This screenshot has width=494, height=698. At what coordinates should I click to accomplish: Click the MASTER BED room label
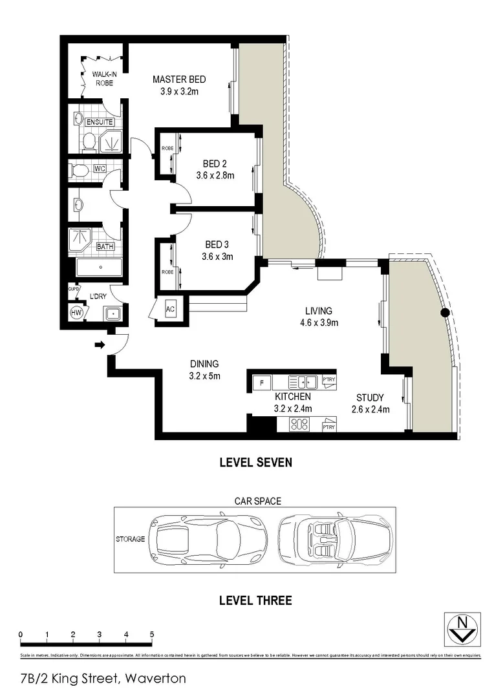click(x=179, y=79)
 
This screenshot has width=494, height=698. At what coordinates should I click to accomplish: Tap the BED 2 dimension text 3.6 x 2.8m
click(x=215, y=175)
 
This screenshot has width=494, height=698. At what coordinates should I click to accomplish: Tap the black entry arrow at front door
click(x=99, y=345)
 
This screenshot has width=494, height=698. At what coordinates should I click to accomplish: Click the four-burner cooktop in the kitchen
click(x=299, y=425)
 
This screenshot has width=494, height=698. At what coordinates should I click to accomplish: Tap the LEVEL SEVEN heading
click(x=255, y=462)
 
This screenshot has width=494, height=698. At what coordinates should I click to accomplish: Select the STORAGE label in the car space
click(x=130, y=538)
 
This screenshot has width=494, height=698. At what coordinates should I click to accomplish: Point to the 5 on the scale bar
click(x=151, y=634)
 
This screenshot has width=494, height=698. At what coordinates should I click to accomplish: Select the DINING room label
click(x=204, y=364)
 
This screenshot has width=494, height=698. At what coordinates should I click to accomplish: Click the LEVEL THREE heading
click(x=255, y=600)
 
